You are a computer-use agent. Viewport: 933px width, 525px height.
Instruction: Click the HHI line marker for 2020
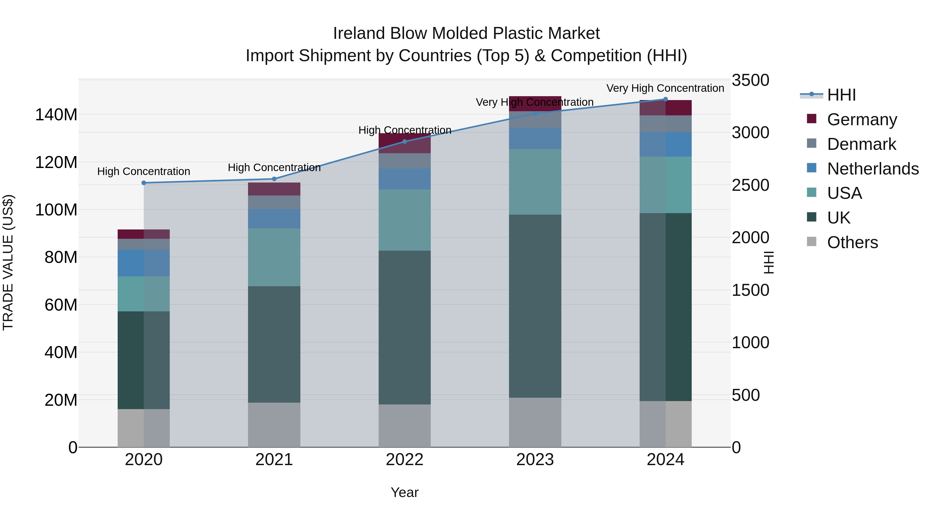[144, 183]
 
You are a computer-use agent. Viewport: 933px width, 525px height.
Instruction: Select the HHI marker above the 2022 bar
[405, 142]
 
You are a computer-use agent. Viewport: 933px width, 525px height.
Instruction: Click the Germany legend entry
[862, 120]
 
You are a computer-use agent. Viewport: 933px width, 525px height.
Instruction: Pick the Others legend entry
[852, 242]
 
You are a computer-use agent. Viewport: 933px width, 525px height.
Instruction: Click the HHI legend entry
[841, 95]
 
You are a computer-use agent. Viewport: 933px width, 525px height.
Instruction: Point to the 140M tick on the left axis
[56, 115]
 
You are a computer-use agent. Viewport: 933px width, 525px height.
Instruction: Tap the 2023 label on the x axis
[535, 460]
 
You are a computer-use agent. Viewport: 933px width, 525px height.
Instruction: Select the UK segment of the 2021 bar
[274, 344]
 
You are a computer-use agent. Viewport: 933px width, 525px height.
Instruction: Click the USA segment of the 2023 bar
[535, 182]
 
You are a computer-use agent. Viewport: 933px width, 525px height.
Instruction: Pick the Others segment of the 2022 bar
[405, 426]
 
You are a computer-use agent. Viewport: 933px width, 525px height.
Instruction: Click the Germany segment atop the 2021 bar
[274, 189]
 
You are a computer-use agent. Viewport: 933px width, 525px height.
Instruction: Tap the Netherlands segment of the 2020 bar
[144, 263]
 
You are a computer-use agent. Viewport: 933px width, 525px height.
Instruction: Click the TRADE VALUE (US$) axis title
[8, 263]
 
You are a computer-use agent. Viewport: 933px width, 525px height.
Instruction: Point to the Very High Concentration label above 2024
[665, 88]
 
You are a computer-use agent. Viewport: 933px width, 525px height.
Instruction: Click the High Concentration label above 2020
[144, 171]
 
